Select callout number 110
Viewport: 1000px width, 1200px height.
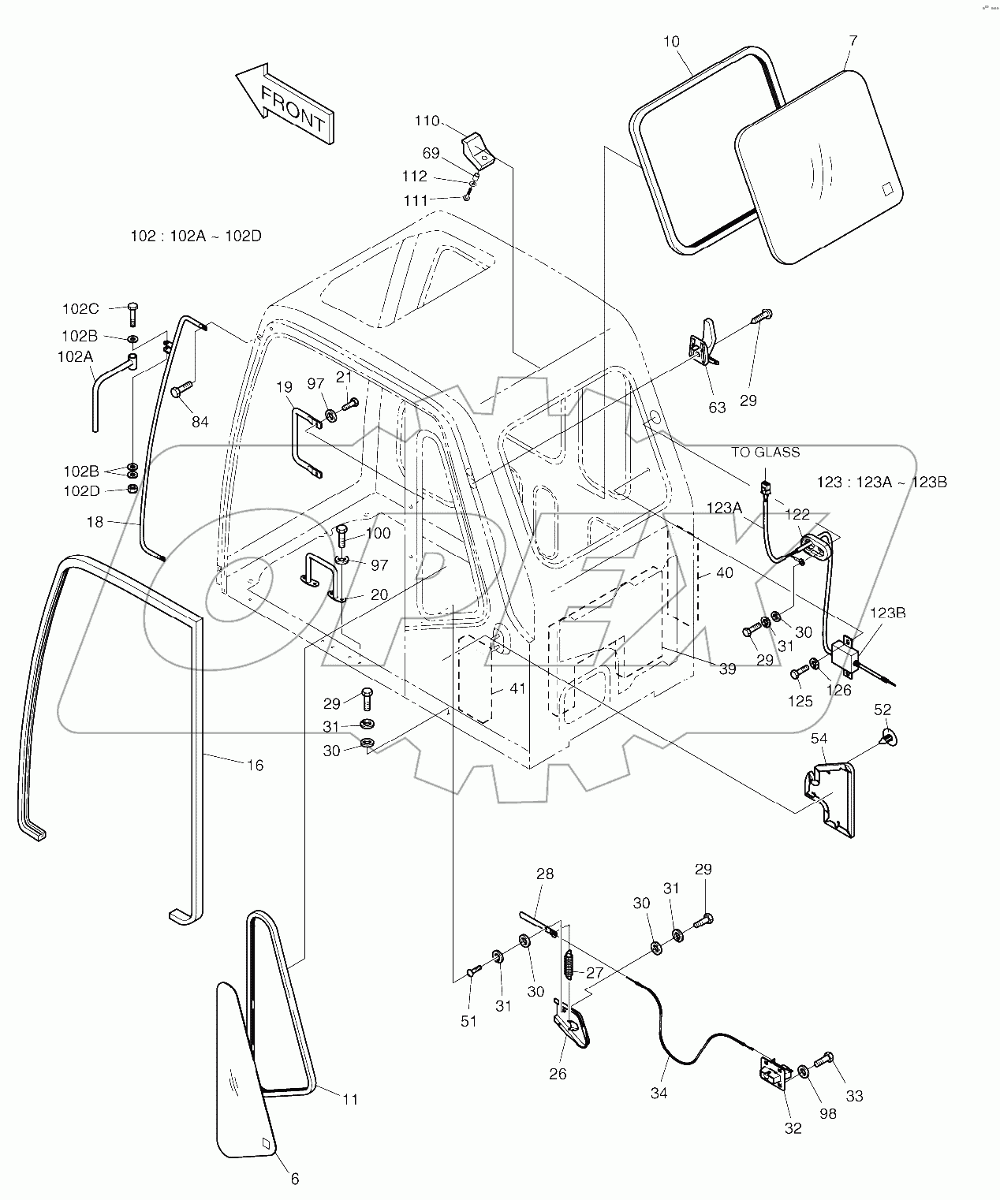click(427, 121)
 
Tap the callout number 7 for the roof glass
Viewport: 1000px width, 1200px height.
click(853, 40)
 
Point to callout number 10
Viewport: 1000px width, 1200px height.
click(671, 41)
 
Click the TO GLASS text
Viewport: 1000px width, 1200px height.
click(765, 452)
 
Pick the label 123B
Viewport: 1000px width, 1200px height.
click(887, 612)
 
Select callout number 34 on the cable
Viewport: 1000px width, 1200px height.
click(659, 1093)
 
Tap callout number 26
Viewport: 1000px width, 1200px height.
click(558, 1074)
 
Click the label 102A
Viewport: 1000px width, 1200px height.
click(75, 356)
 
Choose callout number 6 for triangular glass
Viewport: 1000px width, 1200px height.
click(295, 1180)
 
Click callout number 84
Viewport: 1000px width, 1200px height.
click(200, 422)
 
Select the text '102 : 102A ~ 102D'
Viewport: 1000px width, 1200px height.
click(196, 235)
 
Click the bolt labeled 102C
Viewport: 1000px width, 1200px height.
click(131, 314)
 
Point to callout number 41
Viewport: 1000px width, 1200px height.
click(517, 688)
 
